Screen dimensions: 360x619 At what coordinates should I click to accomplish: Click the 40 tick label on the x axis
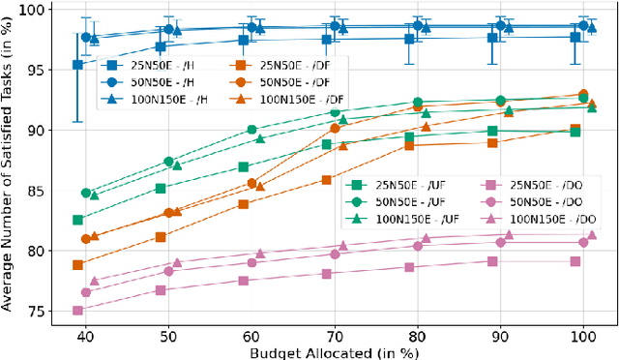(85, 335)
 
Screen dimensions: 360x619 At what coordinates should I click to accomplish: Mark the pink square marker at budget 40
(77, 311)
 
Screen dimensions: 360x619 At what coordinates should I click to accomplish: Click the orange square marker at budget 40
(77, 264)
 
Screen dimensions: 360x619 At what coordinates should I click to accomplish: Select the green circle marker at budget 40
(86, 194)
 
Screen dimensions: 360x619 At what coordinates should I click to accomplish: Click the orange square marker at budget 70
(326, 180)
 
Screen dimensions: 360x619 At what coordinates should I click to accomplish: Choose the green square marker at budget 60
(244, 167)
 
